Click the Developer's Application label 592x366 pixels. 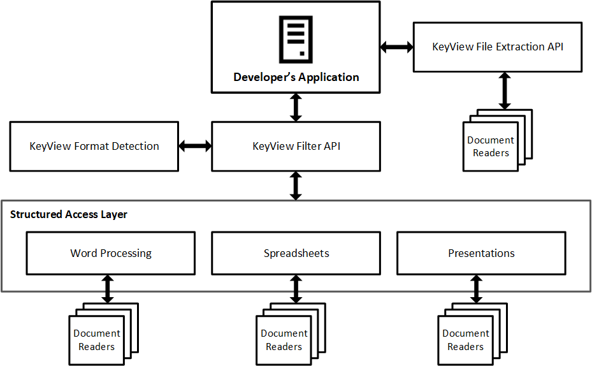(296, 77)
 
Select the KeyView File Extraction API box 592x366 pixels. (497, 47)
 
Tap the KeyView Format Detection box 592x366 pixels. (94, 146)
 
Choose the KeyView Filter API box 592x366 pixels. (296, 146)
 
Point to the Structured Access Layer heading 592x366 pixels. (69, 214)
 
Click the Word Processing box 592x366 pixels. (110, 253)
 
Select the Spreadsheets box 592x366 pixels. (296, 253)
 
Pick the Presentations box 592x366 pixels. (481, 253)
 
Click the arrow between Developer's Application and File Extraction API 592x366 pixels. (396, 47)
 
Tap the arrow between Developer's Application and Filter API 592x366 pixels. (296, 106)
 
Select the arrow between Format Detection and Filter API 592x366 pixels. (195, 146)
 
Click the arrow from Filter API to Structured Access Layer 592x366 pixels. (296, 186)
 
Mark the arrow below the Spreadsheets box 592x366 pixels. (296, 289)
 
